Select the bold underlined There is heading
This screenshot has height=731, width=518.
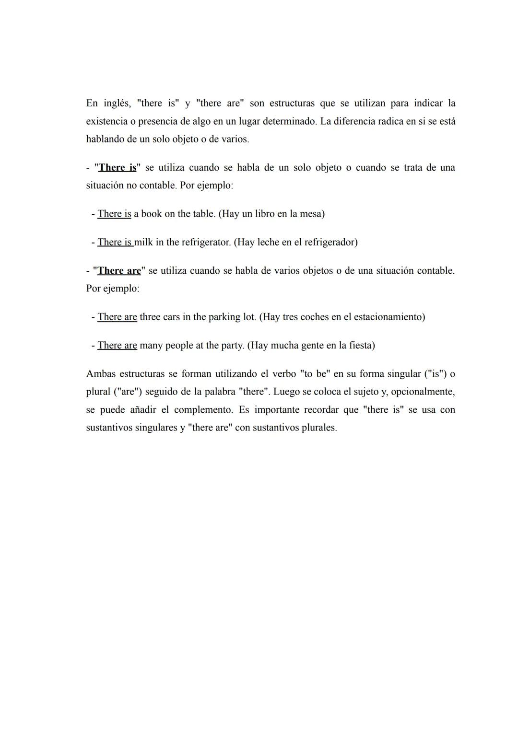pyautogui.click(x=118, y=167)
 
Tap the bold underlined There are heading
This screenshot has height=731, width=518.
pyautogui.click(x=119, y=270)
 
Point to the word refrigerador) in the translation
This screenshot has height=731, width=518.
pyautogui.click(x=331, y=242)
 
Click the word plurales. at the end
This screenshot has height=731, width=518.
pyautogui.click(x=319, y=428)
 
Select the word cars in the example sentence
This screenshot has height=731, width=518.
pyautogui.click(x=171, y=317)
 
